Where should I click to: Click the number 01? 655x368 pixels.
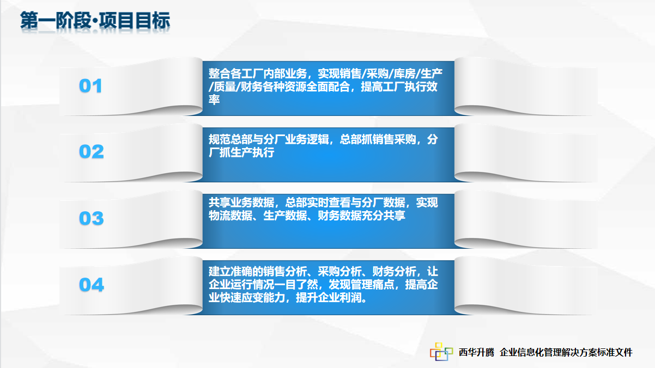[x=90, y=86]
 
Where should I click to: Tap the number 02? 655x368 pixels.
[x=92, y=151]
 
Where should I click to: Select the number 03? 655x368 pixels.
[x=92, y=218]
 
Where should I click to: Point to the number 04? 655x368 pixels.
[x=92, y=285]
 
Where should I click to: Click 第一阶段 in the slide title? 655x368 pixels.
[x=56, y=21]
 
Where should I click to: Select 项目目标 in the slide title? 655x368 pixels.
[x=135, y=21]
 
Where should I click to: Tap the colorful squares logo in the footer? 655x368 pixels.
[x=441, y=352]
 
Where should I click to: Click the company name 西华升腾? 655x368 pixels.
[x=476, y=353]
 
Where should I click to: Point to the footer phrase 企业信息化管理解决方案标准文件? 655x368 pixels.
[x=566, y=353]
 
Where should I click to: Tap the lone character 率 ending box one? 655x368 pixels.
[x=214, y=100]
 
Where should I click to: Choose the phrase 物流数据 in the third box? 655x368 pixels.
[x=231, y=216]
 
